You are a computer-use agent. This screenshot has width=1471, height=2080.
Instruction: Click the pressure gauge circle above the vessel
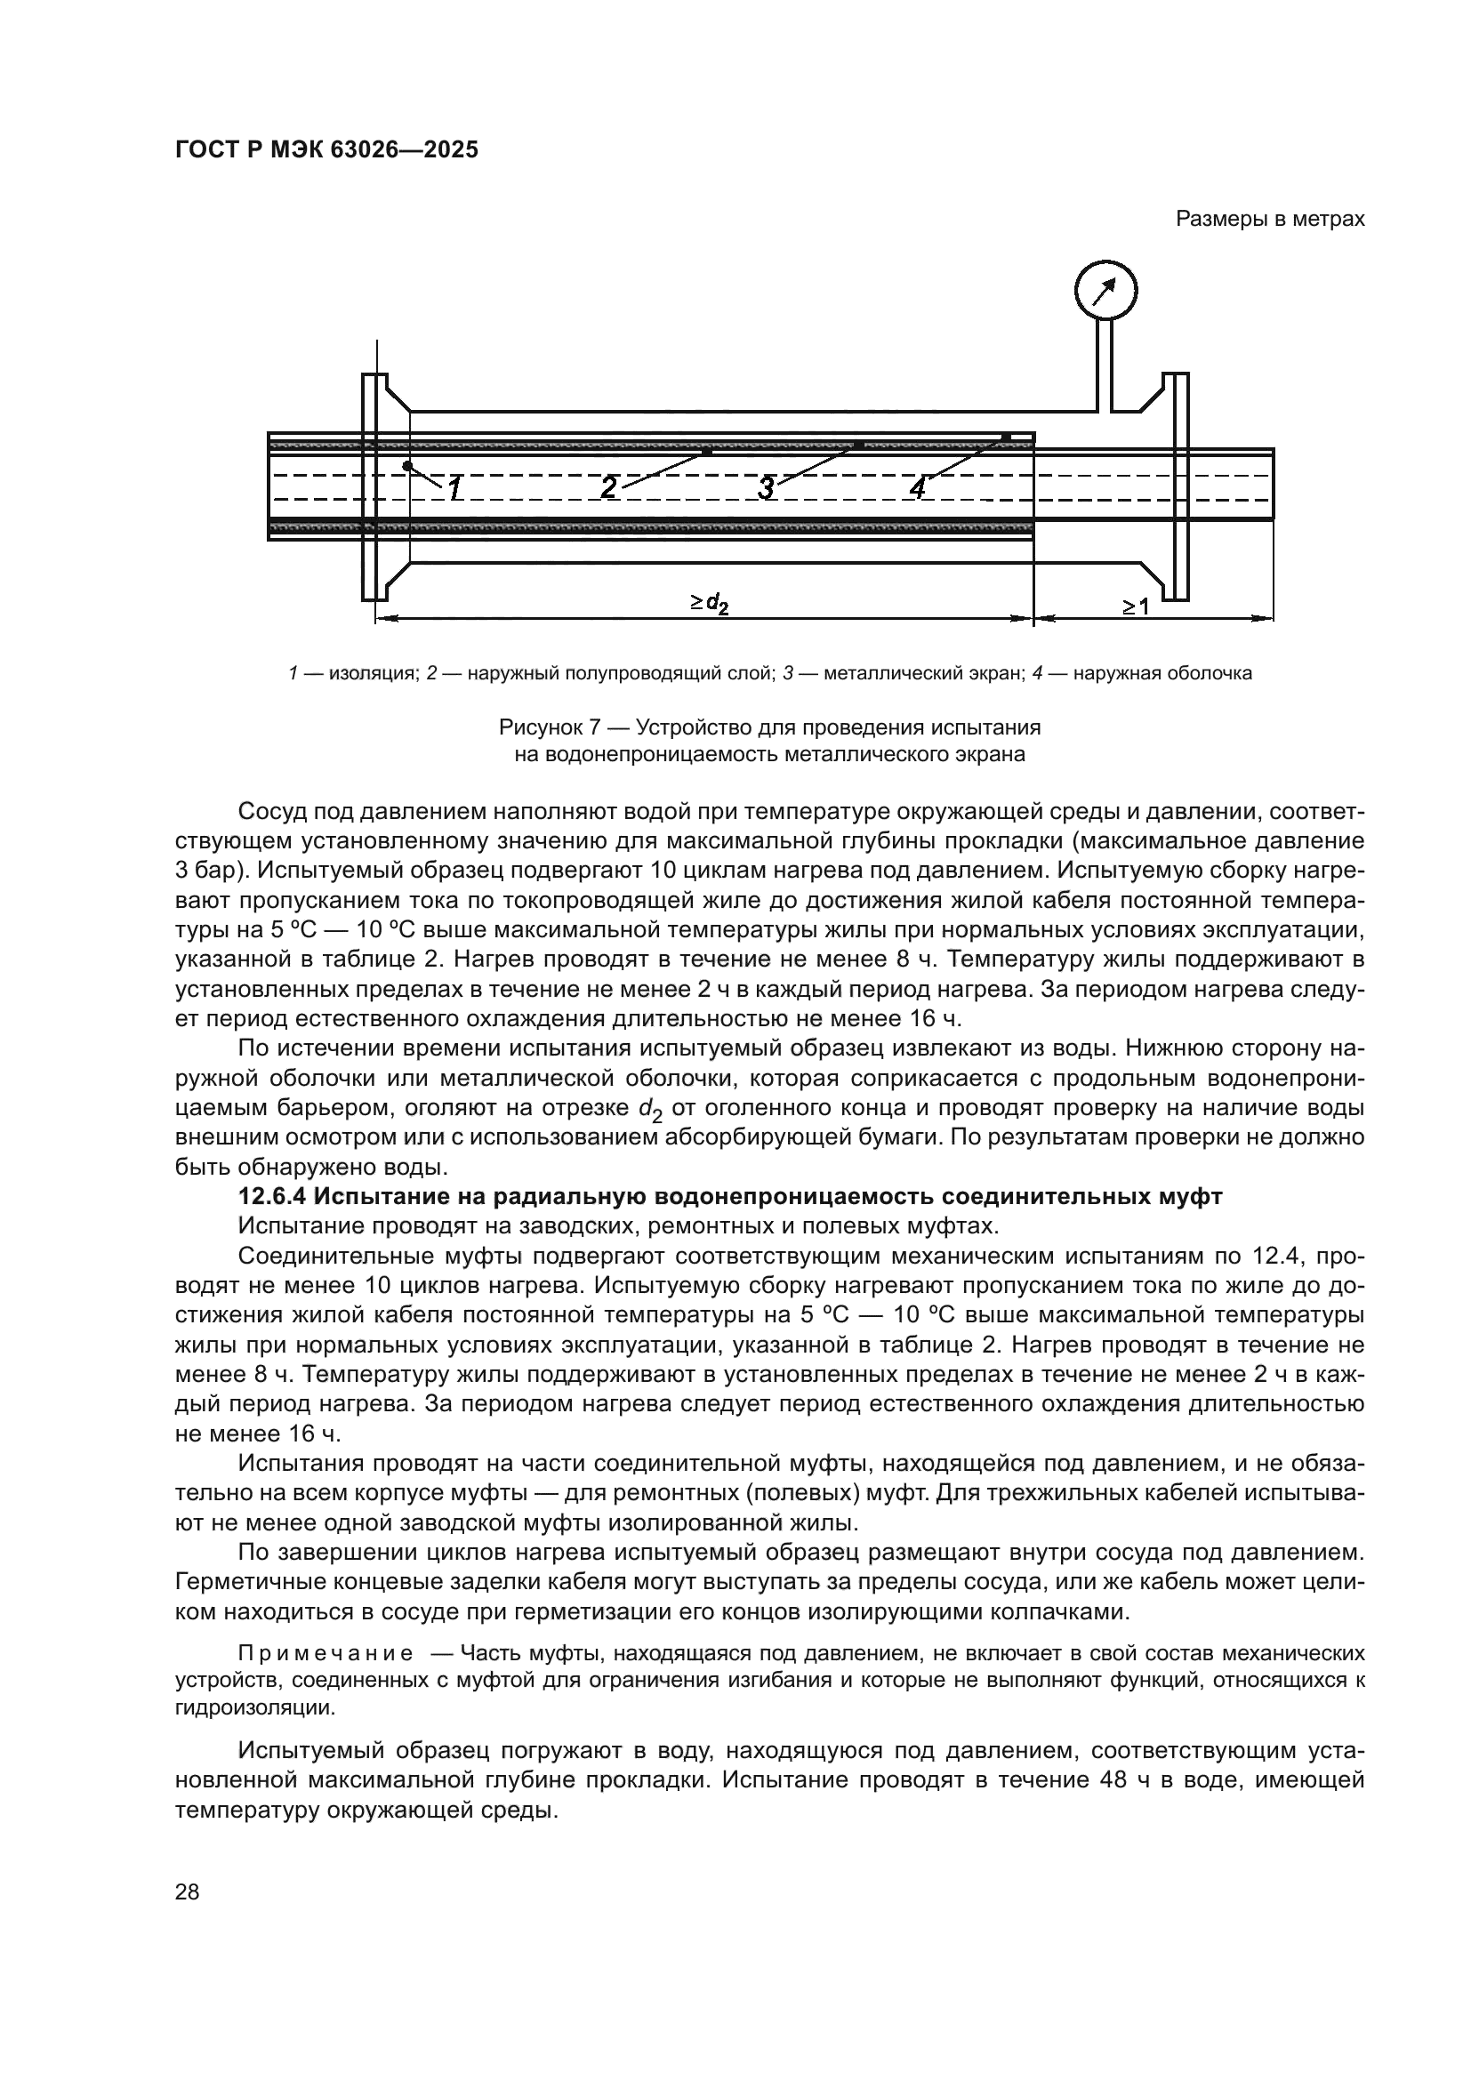point(1105,291)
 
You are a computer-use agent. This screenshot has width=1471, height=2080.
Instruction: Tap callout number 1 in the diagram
point(455,489)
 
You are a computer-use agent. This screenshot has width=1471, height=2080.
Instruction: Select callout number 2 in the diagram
point(609,488)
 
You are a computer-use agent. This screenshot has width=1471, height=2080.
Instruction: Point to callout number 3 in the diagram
point(767,488)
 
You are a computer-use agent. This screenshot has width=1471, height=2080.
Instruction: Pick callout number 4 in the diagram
point(918,488)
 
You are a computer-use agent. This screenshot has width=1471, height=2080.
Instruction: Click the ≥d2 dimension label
point(709,603)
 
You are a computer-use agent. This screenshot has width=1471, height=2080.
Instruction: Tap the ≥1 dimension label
point(1136,606)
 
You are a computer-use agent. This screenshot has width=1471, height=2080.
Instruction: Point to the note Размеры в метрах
point(1270,220)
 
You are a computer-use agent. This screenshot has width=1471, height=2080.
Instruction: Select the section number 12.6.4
point(273,1198)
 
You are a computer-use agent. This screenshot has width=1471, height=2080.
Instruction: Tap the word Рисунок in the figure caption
point(542,727)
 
